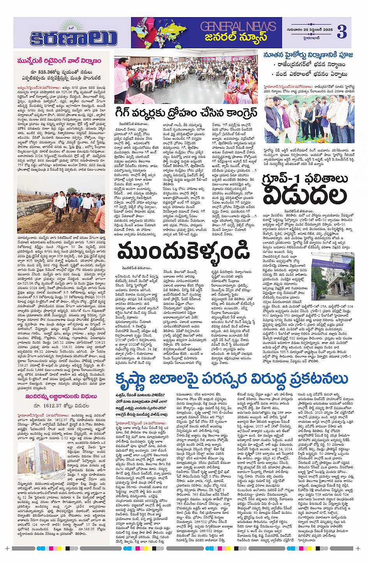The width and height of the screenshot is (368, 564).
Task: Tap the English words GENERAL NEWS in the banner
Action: coord(238,26)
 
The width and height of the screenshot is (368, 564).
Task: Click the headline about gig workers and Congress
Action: coord(186,113)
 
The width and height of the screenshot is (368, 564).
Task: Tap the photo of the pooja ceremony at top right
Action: coord(309,119)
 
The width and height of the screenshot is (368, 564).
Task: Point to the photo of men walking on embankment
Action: coord(61,209)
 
